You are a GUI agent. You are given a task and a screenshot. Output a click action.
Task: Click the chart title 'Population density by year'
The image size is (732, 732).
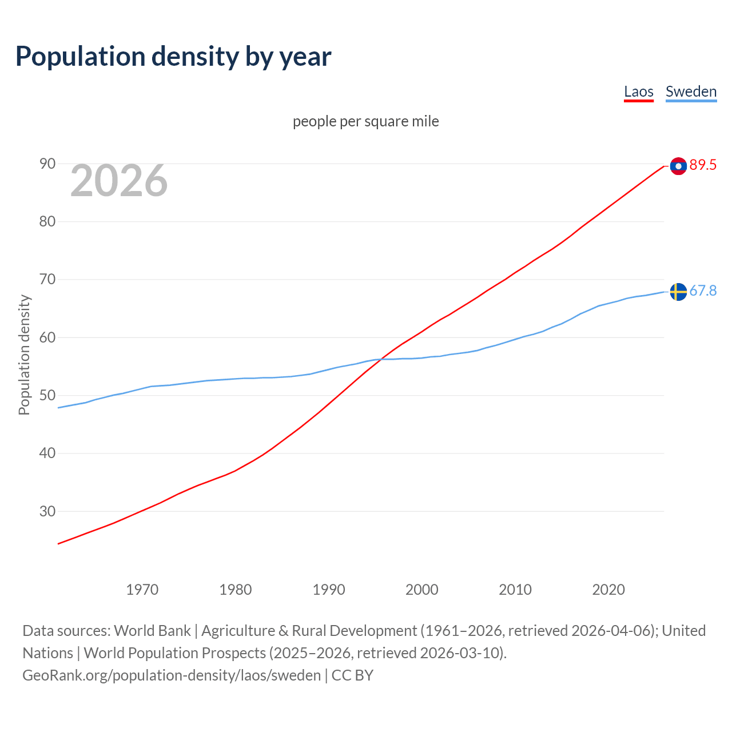(173, 57)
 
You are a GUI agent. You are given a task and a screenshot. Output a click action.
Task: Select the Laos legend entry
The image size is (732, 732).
(638, 92)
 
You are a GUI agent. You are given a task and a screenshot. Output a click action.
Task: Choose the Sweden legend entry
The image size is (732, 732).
(691, 92)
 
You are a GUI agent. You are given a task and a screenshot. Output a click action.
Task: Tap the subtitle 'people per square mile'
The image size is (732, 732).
(365, 121)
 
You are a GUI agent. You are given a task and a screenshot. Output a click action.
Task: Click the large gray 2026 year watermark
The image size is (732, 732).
(119, 181)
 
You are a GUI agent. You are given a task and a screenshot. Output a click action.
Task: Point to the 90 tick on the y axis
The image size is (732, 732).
(47, 164)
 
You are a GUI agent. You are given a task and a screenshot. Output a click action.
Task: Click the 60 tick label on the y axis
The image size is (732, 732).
(47, 337)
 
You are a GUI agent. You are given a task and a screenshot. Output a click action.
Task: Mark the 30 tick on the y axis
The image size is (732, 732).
(47, 511)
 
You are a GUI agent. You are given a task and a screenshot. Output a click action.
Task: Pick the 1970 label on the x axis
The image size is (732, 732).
(142, 590)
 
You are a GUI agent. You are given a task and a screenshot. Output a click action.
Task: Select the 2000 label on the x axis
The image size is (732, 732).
(421, 590)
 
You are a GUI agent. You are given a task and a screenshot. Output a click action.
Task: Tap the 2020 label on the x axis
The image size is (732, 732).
(608, 590)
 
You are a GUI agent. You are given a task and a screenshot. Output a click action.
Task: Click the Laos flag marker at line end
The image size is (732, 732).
(678, 166)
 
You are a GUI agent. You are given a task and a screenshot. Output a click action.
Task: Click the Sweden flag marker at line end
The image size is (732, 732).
(678, 292)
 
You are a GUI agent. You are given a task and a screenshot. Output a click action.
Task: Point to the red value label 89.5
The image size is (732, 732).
(703, 165)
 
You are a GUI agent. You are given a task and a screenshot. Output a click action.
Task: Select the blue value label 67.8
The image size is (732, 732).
(703, 291)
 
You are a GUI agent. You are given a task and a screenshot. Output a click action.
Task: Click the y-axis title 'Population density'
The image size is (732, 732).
(24, 355)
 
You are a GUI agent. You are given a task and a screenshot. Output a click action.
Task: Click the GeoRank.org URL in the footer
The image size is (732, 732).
(172, 675)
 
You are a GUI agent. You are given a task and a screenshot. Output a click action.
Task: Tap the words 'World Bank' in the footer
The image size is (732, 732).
(152, 631)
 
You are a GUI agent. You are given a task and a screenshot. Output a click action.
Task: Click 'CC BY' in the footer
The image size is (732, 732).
(352, 675)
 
